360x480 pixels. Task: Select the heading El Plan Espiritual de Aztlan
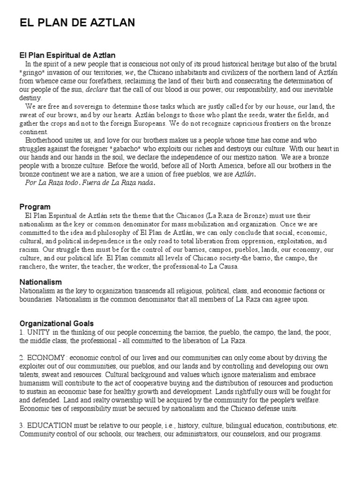(x=67, y=56)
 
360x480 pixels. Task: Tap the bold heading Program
(x=35, y=207)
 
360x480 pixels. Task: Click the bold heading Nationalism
(x=41, y=282)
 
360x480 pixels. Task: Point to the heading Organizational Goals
(x=57, y=323)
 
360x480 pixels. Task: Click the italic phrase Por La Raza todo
(x=52, y=183)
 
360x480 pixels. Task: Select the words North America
(x=221, y=165)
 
